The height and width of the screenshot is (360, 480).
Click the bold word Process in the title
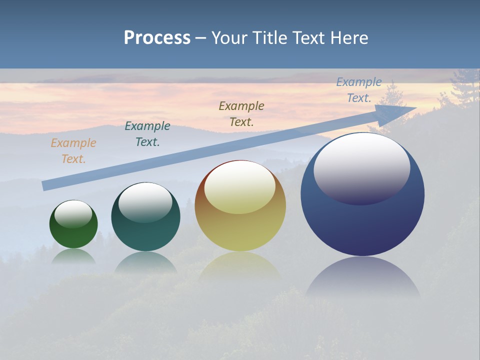[x=157, y=38]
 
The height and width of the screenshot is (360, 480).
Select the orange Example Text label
[x=73, y=151]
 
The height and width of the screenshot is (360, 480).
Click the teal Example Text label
[x=147, y=134]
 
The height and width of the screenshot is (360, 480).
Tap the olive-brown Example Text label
[x=241, y=114]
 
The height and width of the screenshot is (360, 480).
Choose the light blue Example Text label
[x=359, y=90]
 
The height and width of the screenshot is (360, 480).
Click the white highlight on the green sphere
[x=73, y=214]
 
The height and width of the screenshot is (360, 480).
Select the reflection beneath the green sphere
[x=73, y=256]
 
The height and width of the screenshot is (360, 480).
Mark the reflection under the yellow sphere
[x=240, y=265]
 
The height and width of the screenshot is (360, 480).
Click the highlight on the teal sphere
[x=145, y=201]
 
